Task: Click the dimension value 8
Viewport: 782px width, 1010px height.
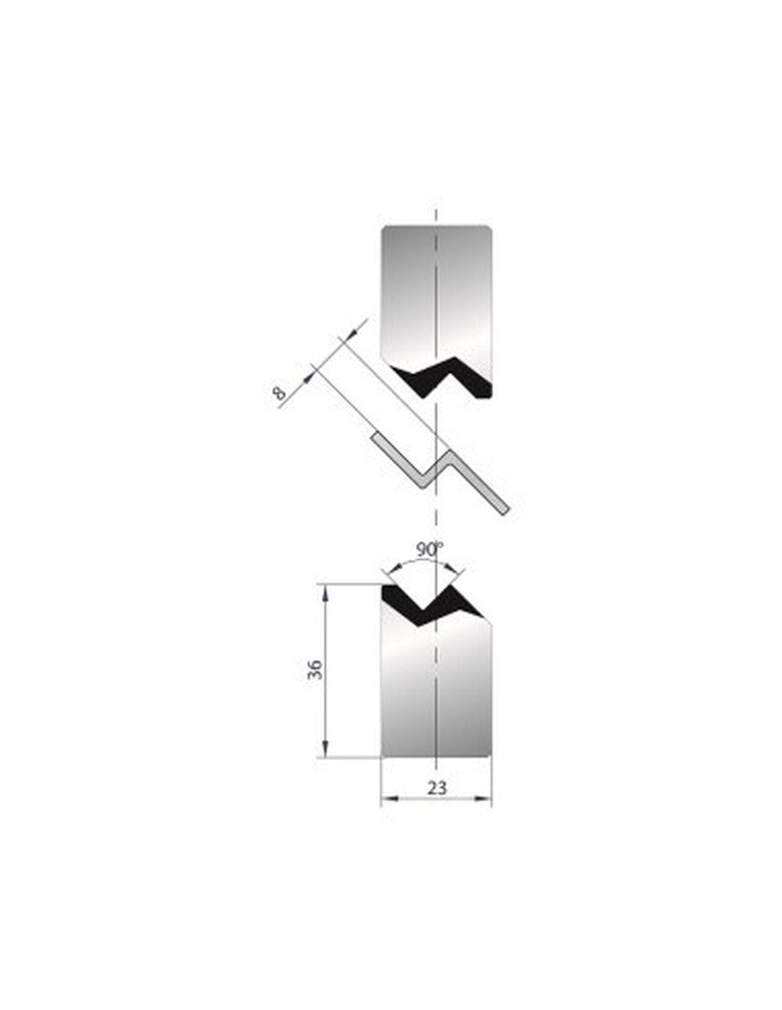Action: click(280, 392)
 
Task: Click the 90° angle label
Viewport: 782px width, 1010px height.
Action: click(429, 550)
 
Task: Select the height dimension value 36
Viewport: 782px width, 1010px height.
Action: click(315, 670)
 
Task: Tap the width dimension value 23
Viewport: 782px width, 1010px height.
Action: click(436, 787)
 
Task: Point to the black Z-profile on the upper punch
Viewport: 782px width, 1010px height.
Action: click(443, 379)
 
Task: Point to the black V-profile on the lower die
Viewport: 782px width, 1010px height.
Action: click(430, 605)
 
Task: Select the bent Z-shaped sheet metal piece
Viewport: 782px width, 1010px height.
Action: click(440, 473)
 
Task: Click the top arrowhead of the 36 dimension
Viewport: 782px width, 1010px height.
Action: click(326, 590)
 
